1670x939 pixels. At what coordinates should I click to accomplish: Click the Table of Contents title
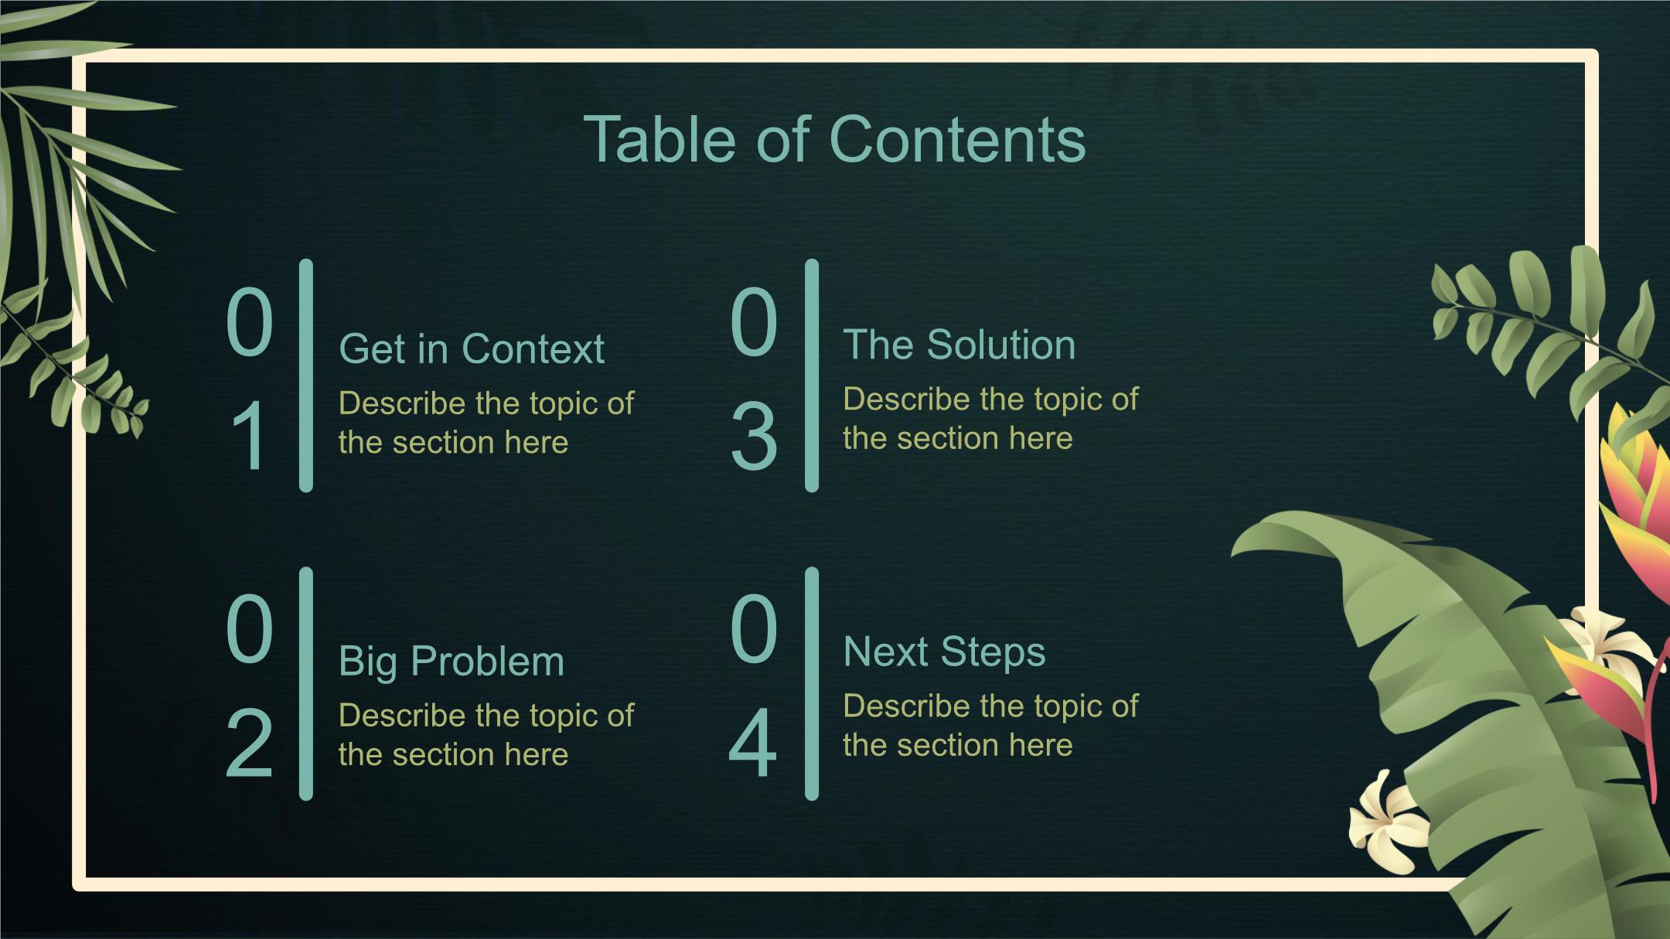pyautogui.click(x=834, y=139)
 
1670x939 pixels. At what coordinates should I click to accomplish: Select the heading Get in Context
pyautogui.click(x=472, y=349)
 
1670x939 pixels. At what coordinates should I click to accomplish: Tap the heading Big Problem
pyautogui.click(x=452, y=662)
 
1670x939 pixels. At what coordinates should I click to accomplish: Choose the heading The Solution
pyautogui.click(x=959, y=345)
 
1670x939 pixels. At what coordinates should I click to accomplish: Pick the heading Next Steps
pyautogui.click(x=944, y=652)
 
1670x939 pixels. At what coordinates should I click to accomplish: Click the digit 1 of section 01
pyautogui.click(x=250, y=436)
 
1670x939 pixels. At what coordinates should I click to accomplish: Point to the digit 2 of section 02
pyautogui.click(x=249, y=743)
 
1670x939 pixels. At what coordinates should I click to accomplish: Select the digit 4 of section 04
pyautogui.click(x=752, y=743)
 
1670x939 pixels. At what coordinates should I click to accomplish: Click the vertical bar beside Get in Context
pyautogui.click(x=306, y=376)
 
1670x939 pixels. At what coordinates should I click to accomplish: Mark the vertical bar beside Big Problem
pyautogui.click(x=306, y=684)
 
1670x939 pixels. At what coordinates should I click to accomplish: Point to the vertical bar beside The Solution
pyautogui.click(x=812, y=376)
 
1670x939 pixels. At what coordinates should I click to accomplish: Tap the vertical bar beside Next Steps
pyautogui.click(x=812, y=684)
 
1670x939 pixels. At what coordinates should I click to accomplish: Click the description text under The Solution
pyautogui.click(x=990, y=419)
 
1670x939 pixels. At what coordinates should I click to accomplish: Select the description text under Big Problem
pyautogui.click(x=486, y=734)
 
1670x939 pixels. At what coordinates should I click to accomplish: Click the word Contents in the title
pyautogui.click(x=957, y=139)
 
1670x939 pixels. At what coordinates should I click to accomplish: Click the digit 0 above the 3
pyautogui.click(x=753, y=322)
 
